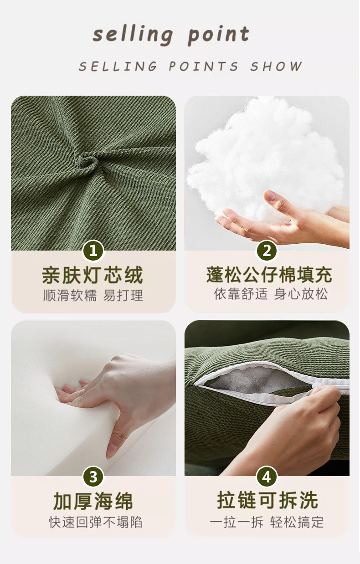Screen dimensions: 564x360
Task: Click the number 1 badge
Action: point(93,251)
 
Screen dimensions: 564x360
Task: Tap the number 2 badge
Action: point(267,251)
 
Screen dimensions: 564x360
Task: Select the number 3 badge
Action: point(93,477)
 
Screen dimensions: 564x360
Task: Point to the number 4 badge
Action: point(267,477)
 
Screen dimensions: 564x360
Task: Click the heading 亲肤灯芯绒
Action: point(93,276)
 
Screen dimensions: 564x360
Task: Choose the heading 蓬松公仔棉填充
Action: point(269,276)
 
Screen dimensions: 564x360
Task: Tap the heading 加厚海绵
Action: point(93,502)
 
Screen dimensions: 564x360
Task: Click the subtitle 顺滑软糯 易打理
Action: point(93,296)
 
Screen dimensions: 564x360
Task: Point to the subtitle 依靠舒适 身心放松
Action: point(271,294)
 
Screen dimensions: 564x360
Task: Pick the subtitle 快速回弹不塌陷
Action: point(95,522)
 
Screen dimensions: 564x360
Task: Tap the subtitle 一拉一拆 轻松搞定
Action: point(267,522)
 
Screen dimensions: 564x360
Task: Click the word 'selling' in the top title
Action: point(133,35)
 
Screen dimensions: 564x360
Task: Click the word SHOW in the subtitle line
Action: point(276,67)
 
